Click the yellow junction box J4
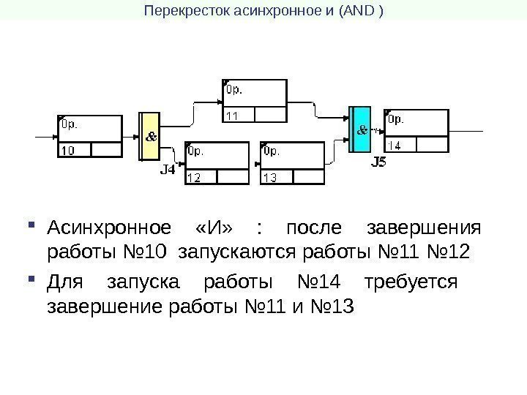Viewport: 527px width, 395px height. tap(149, 136)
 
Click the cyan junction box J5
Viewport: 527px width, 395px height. tap(361, 129)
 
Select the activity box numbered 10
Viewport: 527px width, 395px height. tap(89, 136)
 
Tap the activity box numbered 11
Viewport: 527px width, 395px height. tap(253, 101)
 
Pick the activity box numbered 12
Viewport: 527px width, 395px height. tap(217, 162)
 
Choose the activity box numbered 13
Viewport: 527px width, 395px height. tap(291, 162)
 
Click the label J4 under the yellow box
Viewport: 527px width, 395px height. tap(168, 170)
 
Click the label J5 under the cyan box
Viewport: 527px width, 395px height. tap(378, 162)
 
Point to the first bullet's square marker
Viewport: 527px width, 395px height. tap(30, 224)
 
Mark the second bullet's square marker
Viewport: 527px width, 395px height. tap(30, 279)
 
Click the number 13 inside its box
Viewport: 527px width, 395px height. tap(270, 177)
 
